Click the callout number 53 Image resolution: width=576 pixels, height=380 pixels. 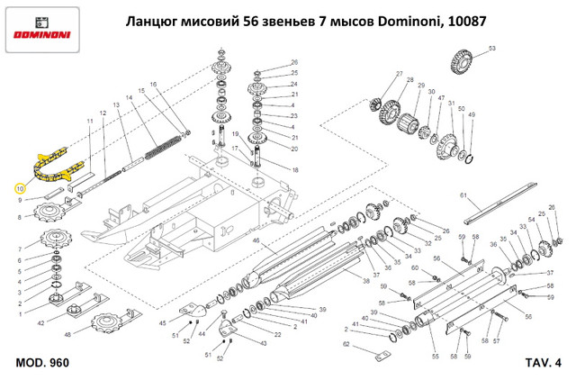[491, 46]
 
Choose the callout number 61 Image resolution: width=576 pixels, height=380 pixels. [462, 195]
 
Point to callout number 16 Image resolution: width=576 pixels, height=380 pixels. [153, 84]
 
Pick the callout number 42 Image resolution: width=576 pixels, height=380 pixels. [40, 321]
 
